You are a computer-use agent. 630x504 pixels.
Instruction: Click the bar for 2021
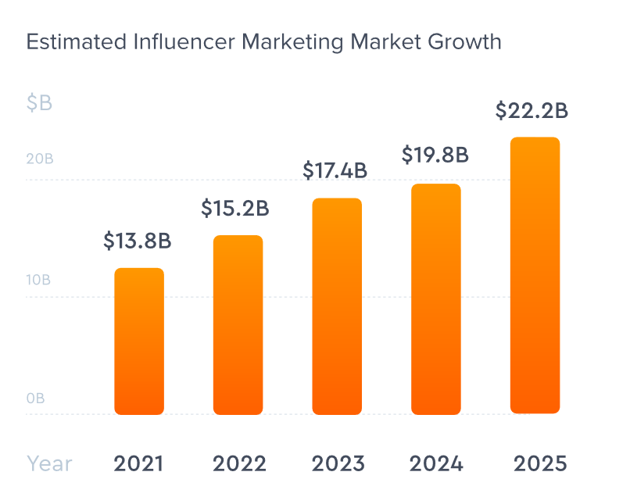[139, 341]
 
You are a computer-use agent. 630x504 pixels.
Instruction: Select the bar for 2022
[238, 325]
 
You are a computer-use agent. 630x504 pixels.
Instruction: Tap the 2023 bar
[337, 306]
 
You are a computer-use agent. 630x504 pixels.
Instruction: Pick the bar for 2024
[436, 299]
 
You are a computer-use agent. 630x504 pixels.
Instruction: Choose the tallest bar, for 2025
[535, 276]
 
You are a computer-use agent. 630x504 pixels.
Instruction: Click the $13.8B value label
[137, 241]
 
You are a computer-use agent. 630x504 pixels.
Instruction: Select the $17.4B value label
[335, 170]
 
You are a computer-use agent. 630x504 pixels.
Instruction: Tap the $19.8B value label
[435, 155]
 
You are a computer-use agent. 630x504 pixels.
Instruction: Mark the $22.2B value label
[532, 111]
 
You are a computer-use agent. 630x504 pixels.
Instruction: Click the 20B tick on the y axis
[40, 159]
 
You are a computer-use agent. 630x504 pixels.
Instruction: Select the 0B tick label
[36, 398]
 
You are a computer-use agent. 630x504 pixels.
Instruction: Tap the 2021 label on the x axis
[138, 463]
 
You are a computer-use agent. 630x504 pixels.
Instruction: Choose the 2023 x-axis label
[338, 463]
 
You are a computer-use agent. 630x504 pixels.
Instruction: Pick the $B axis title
[39, 102]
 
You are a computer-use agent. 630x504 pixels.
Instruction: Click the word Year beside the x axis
[49, 463]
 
